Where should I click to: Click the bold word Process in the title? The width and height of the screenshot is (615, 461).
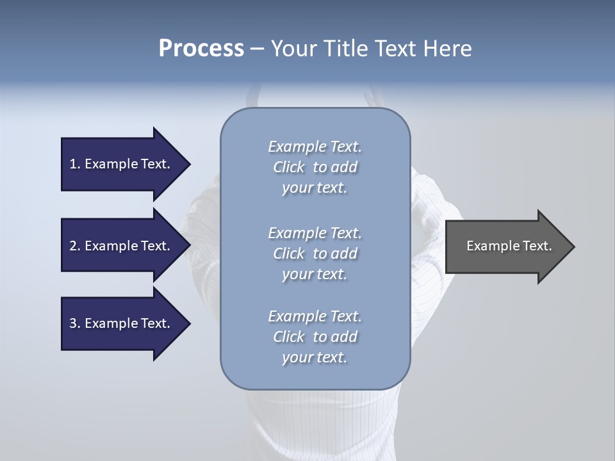(201, 49)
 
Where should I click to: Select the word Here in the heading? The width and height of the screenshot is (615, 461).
(448, 49)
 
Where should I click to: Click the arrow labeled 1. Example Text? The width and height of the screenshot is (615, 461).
(122, 164)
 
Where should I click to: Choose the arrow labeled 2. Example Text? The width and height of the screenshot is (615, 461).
(122, 246)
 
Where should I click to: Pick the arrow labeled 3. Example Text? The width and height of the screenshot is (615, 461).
(122, 323)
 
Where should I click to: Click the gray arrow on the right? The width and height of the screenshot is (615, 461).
(506, 247)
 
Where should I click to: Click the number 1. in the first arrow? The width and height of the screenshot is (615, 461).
(75, 164)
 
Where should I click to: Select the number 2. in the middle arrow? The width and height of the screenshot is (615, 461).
(75, 246)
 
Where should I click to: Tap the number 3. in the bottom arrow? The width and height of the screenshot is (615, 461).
(75, 323)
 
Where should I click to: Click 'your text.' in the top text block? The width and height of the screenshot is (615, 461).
(315, 188)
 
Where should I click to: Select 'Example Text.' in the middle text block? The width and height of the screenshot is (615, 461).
(315, 233)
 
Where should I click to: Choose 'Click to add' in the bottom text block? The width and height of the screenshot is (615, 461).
(315, 337)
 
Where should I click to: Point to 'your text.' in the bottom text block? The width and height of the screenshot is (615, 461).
(315, 358)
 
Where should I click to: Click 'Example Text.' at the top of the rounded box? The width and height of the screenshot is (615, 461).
(315, 147)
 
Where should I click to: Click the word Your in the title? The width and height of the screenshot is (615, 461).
(291, 49)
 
